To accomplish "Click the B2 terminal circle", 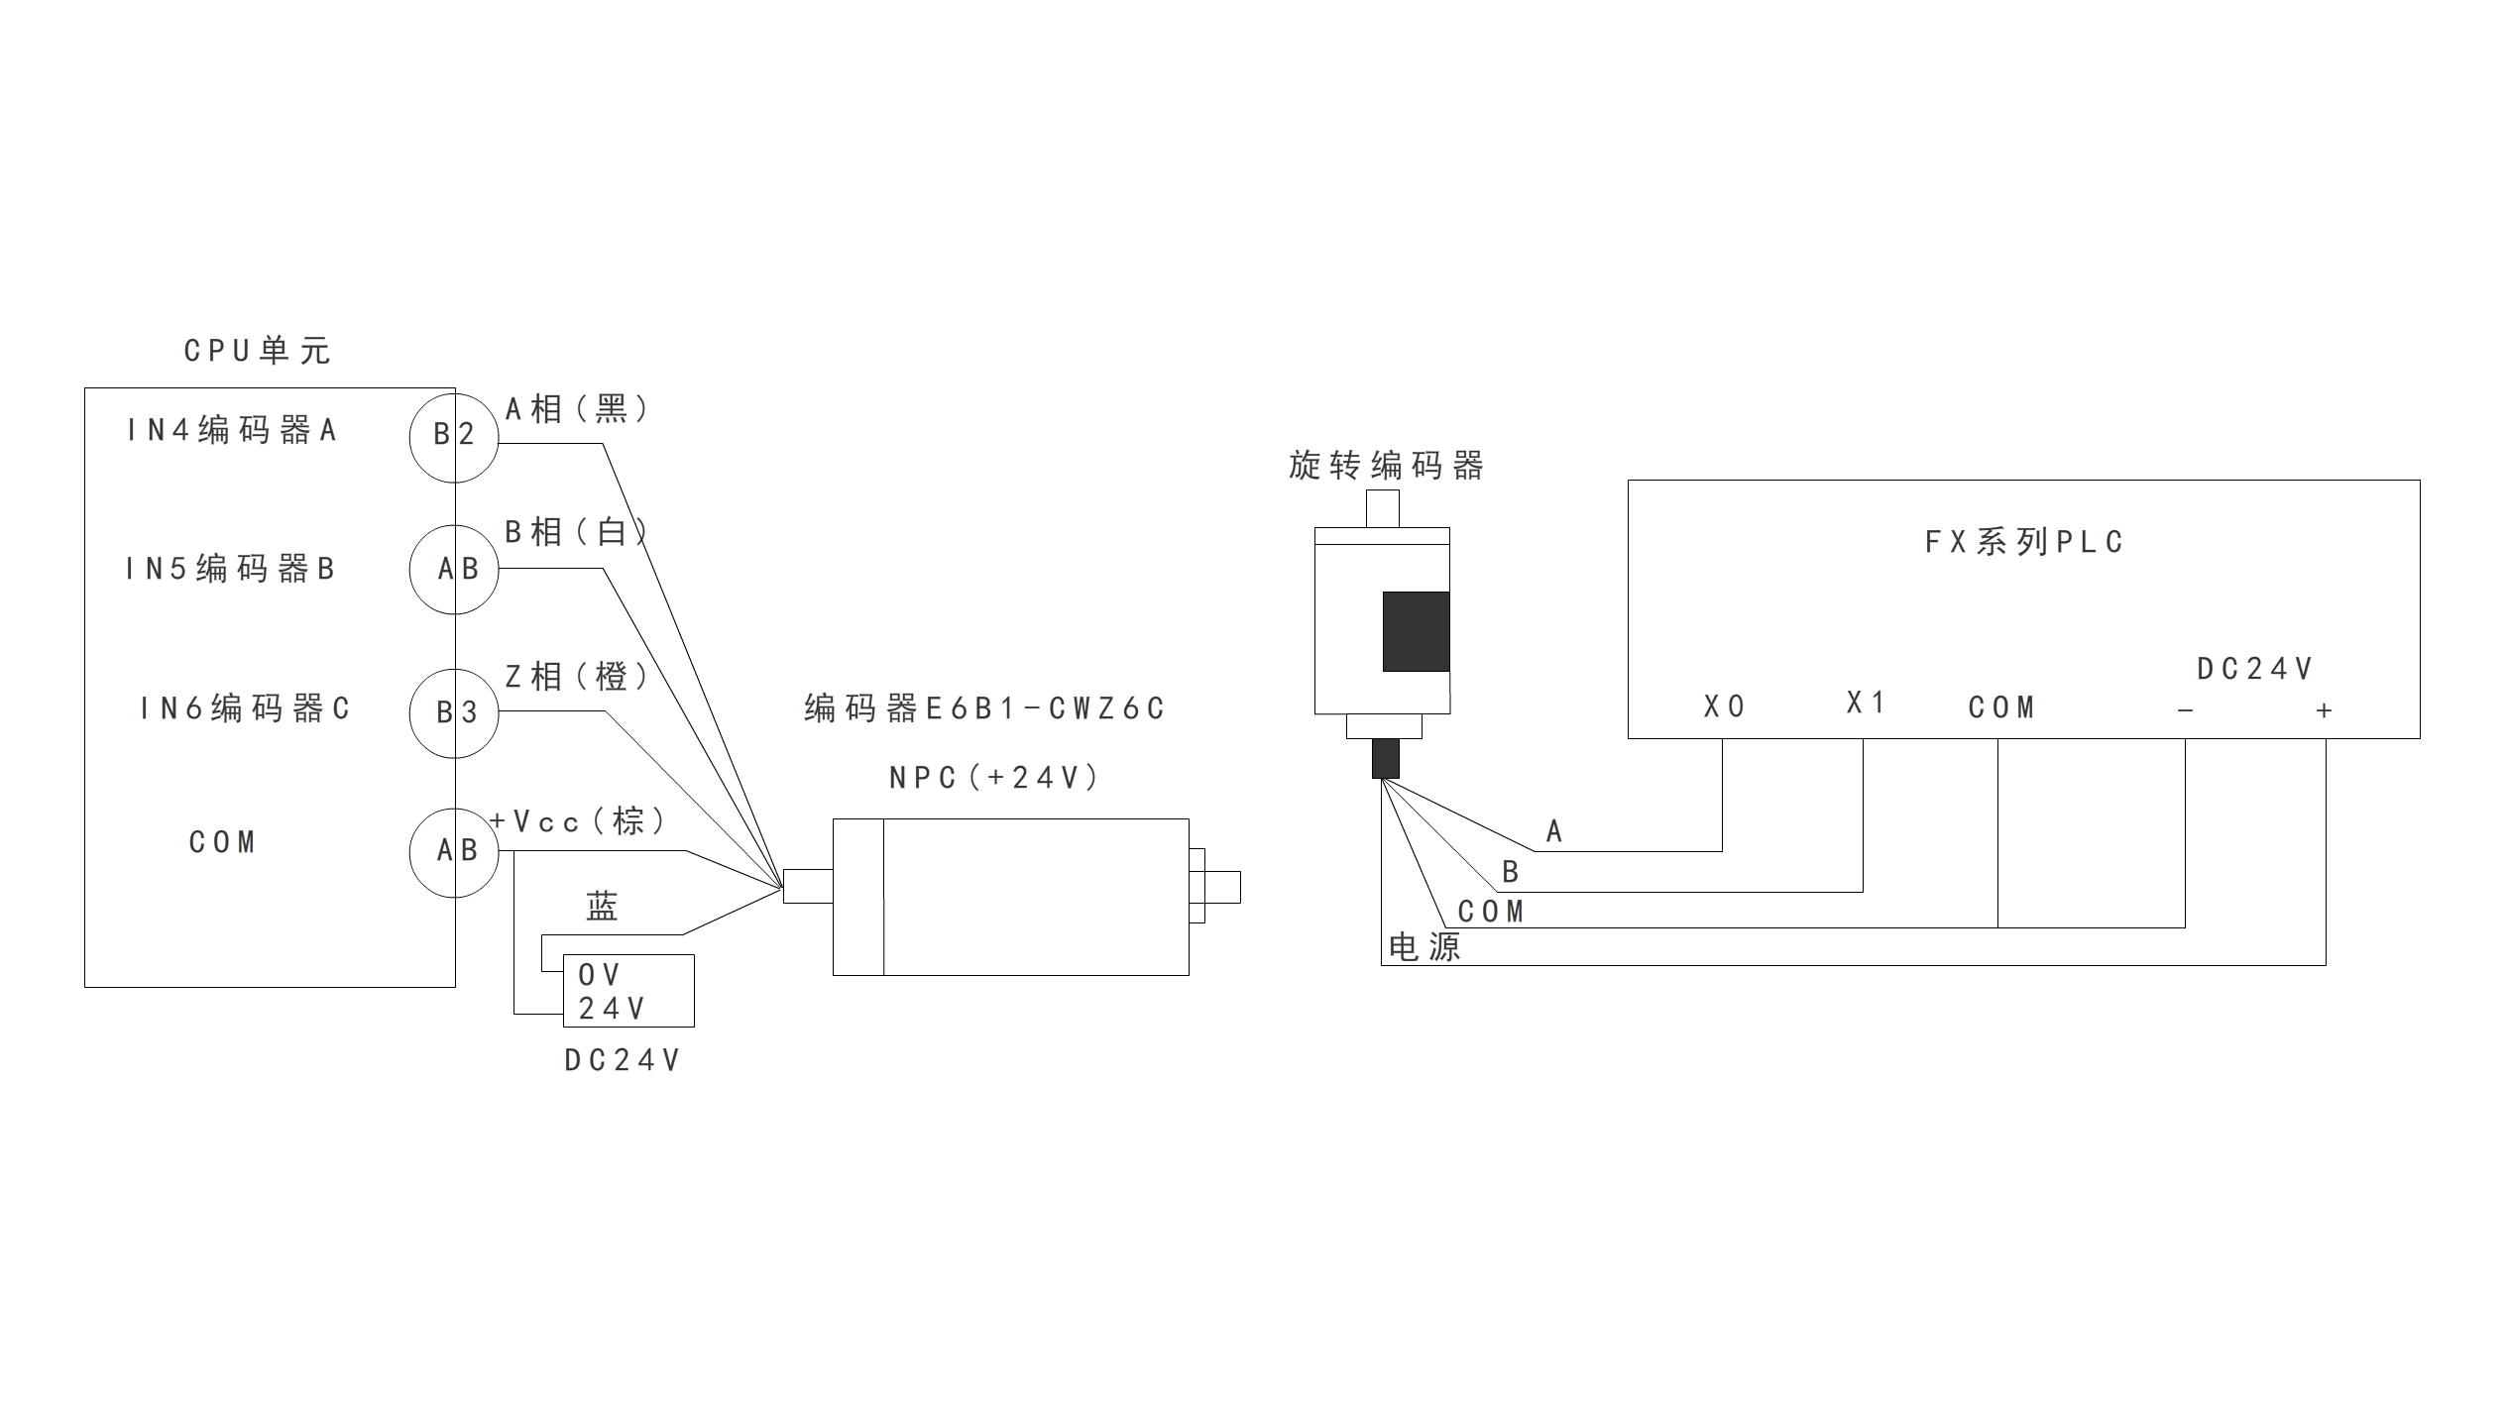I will tap(454, 437).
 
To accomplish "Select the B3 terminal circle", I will tap(454, 713).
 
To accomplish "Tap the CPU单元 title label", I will tap(258, 351).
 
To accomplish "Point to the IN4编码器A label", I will tap(233, 430).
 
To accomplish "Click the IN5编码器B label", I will tap(231, 569).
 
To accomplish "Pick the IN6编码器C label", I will tap(245, 708).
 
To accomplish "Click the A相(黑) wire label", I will tap(578, 408).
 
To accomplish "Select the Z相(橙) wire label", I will tap(578, 676).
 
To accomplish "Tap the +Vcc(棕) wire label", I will tap(578, 820).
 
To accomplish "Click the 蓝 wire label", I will tap(602, 906).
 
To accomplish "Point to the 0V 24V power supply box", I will tap(628, 991).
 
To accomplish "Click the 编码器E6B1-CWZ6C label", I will tap(984, 708).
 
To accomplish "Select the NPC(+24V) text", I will tap(994, 778).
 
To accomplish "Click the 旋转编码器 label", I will tap(1386, 466).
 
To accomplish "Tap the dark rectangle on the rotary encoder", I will tap(1416, 632).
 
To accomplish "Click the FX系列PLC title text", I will tap(2024, 542).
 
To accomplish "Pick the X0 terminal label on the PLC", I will tap(1725, 706).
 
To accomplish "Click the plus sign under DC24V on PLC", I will tap(2324, 710).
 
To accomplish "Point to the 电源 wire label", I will tap(1424, 947).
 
